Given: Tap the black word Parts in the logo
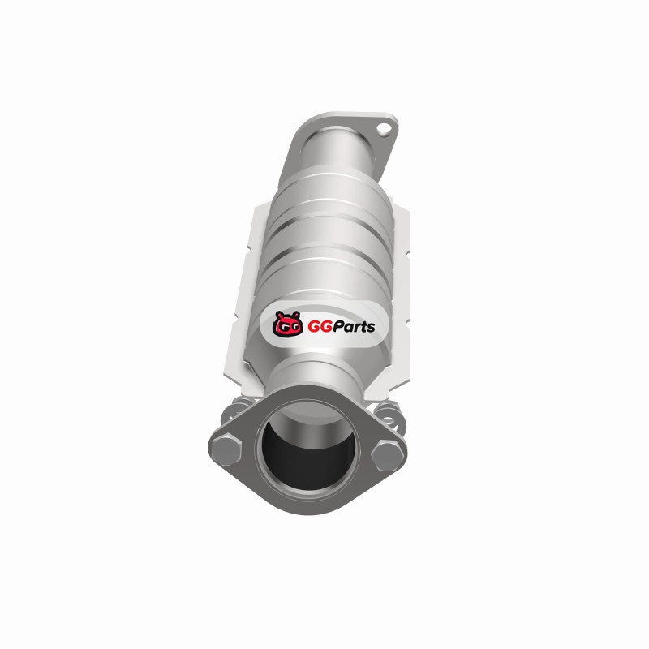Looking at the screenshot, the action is coord(354,327).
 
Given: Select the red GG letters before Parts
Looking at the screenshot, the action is coord(320,327).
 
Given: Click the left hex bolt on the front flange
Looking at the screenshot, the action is coord(226,449).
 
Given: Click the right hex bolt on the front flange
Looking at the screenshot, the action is coord(387,455).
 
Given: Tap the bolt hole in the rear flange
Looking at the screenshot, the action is coord(384,129).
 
